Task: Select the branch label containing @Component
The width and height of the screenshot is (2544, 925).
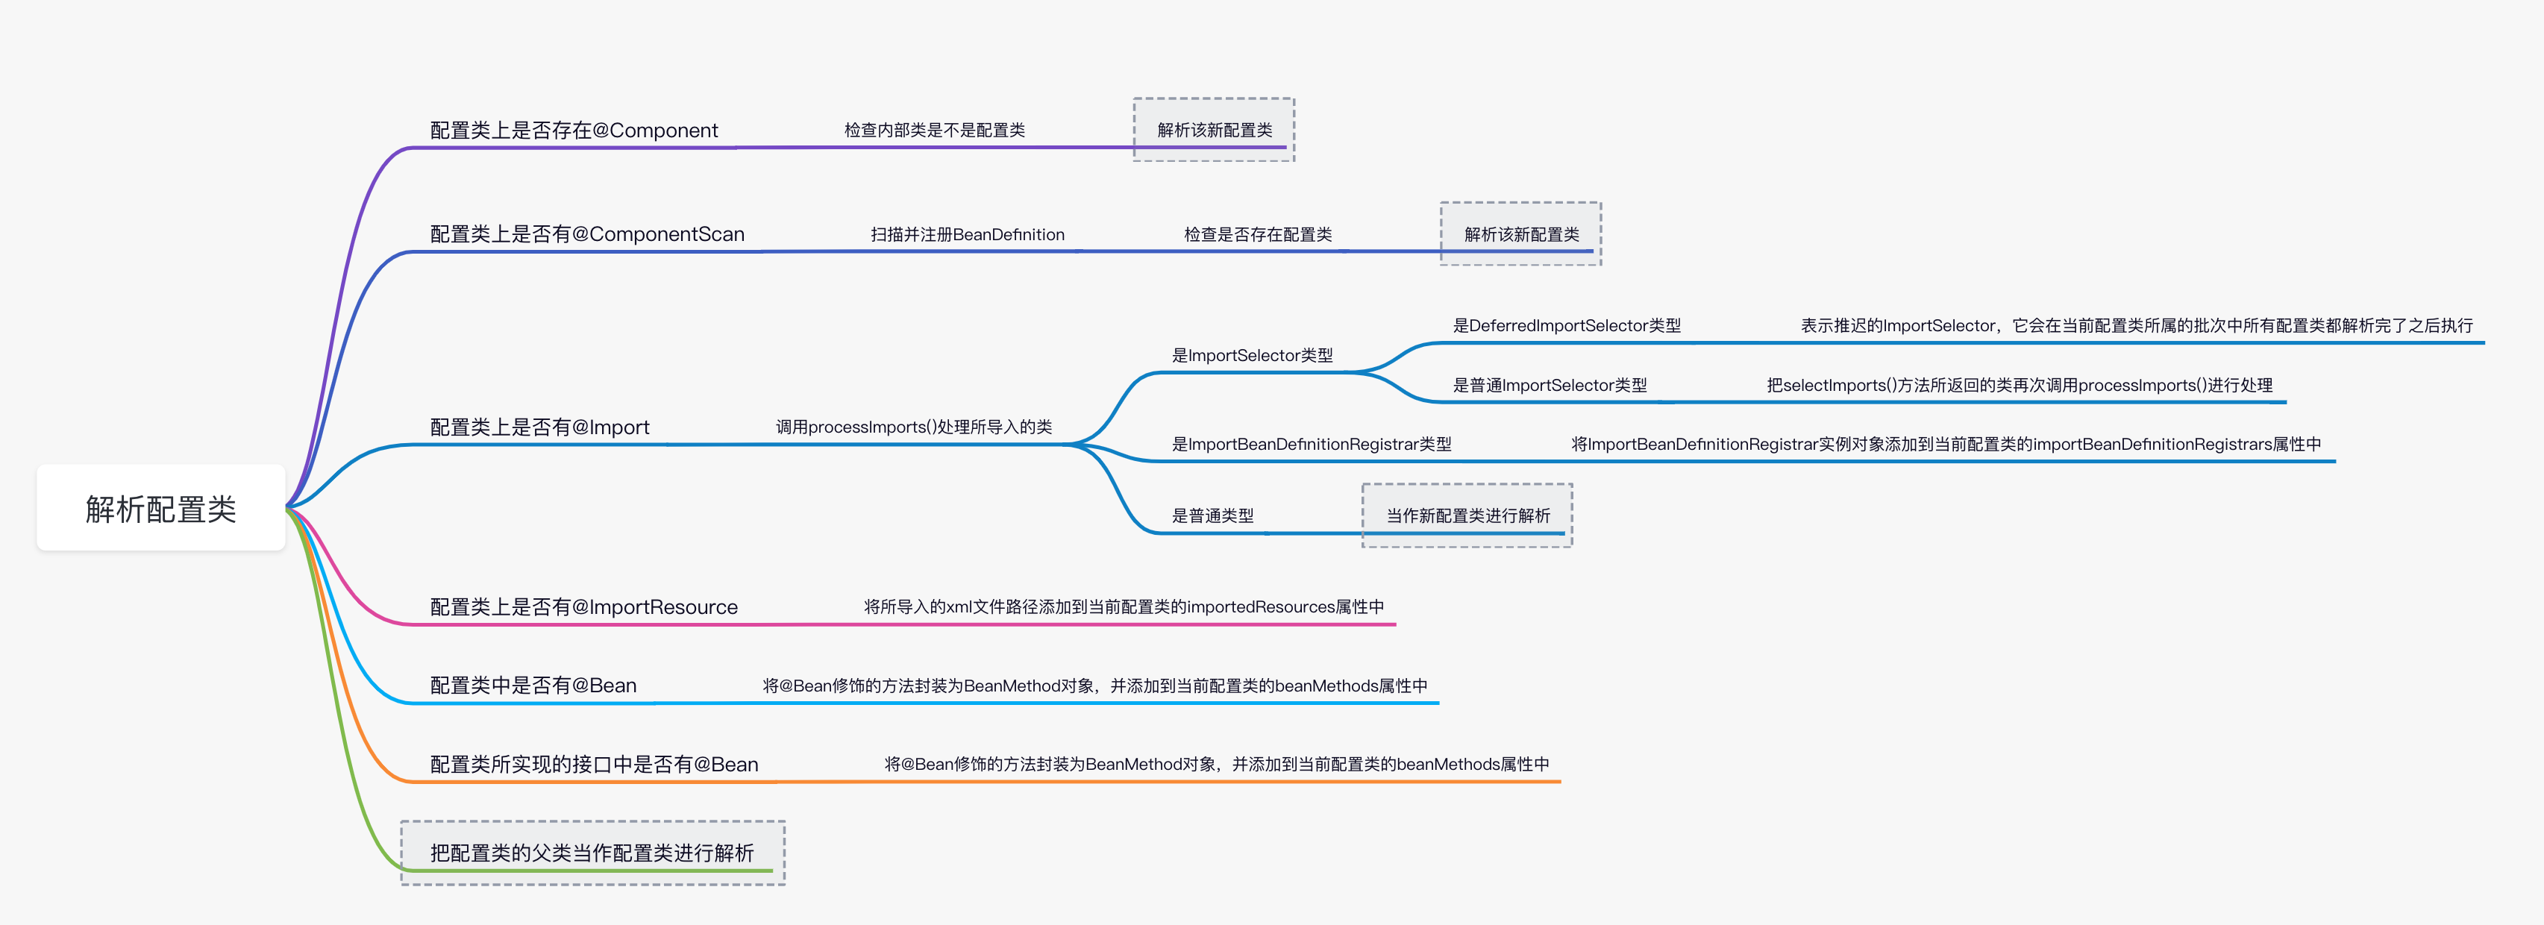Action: pos(574,131)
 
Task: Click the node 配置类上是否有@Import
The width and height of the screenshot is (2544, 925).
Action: pos(539,427)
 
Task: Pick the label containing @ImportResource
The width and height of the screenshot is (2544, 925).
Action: pos(583,607)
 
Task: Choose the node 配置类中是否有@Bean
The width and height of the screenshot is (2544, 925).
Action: pos(533,685)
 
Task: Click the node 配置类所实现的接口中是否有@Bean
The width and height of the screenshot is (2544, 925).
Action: pos(594,764)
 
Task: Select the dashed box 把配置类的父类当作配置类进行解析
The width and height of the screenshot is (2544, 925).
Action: pos(592,853)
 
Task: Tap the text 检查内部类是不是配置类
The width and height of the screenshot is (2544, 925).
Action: pos(934,131)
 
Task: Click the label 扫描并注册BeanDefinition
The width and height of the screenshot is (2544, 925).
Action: pos(967,235)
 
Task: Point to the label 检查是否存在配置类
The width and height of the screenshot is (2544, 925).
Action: pos(1257,235)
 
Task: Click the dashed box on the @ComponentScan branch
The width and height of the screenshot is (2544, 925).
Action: pos(1521,235)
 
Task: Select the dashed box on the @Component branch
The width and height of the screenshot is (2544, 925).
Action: pos(1214,131)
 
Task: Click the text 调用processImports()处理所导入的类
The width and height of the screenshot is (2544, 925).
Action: pos(913,427)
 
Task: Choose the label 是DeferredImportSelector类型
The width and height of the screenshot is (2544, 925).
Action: pos(1566,326)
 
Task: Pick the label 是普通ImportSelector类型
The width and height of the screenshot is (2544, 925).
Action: pos(1550,386)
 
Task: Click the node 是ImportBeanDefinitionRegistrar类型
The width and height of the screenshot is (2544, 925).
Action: pos(1312,445)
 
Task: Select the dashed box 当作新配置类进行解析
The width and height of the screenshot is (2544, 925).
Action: pos(1467,515)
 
